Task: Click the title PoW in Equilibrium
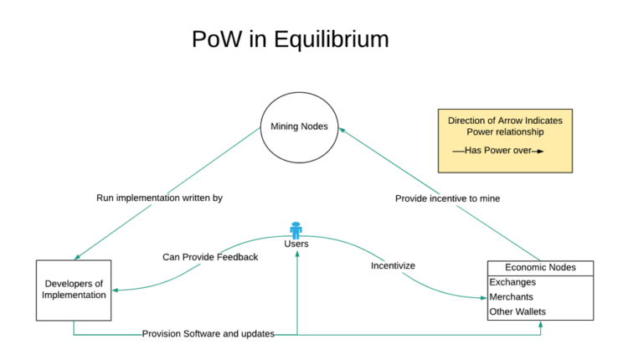[x=290, y=39]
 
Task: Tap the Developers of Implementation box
[x=74, y=289]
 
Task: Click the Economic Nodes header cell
[x=542, y=268]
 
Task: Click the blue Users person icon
[x=296, y=229]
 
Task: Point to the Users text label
[x=296, y=244]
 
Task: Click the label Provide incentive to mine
[x=448, y=198]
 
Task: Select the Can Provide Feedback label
[x=210, y=257]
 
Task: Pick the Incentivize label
[x=393, y=265]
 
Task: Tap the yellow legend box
[x=505, y=140]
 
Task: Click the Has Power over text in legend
[x=499, y=151]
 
